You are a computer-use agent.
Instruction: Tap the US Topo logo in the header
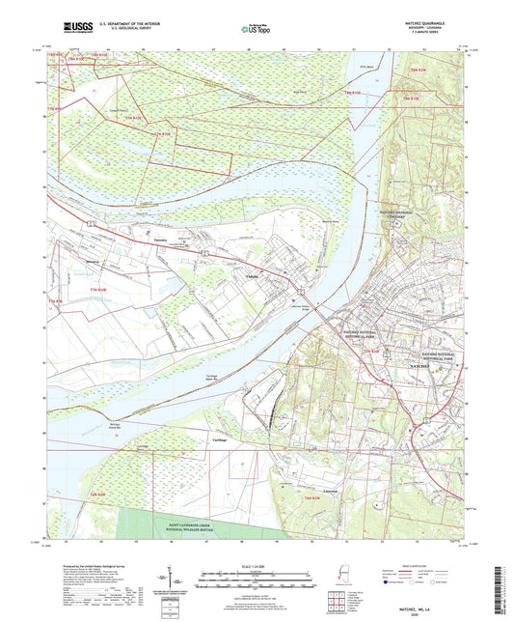pyautogui.click(x=249, y=30)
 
